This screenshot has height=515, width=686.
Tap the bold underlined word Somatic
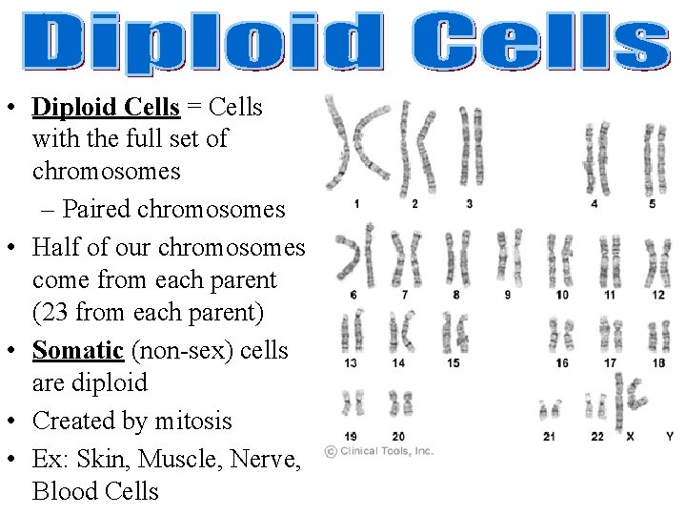point(78,350)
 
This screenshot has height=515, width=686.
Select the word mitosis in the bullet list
point(197,421)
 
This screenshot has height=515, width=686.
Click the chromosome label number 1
point(355,203)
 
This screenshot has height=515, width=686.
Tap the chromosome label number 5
point(652,203)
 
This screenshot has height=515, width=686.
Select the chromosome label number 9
point(507,295)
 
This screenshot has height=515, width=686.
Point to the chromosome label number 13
point(352,362)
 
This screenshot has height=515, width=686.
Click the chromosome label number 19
point(352,437)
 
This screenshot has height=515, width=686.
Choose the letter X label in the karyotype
point(630,437)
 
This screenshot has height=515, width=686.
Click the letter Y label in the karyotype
point(669,437)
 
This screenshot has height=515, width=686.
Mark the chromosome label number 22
point(597,437)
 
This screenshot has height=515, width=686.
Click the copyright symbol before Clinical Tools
point(330,451)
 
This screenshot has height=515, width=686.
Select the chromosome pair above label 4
point(596,157)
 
